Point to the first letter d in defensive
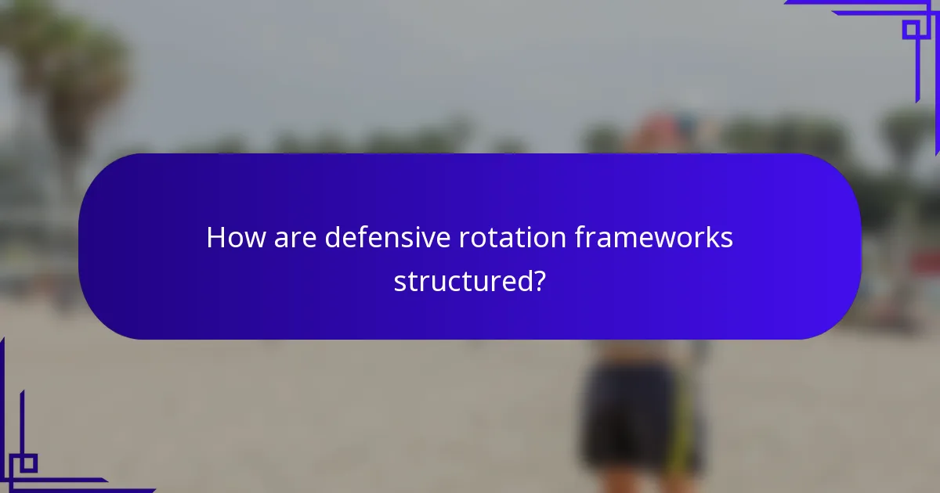pyautogui.click(x=333, y=238)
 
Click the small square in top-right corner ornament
pyautogui.click(x=910, y=30)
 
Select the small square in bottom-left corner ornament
pyautogui.click(x=28, y=462)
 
